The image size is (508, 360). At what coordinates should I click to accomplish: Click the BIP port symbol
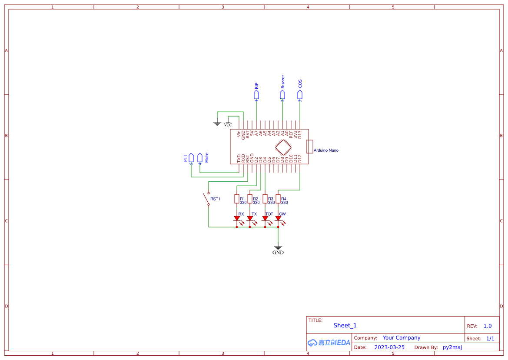point(256,94)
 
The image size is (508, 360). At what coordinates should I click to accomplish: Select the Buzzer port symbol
point(282,94)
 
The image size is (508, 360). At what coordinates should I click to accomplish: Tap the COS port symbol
point(300,94)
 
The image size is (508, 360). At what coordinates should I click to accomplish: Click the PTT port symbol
point(191,157)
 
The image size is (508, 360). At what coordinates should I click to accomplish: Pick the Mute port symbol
point(200,157)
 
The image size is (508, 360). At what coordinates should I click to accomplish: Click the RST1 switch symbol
point(206,199)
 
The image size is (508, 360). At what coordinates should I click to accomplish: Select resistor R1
point(237,199)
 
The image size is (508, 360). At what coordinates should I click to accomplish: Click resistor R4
point(278,199)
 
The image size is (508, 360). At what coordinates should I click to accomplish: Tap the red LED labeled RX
point(237,219)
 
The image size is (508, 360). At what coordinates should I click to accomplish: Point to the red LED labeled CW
point(278,219)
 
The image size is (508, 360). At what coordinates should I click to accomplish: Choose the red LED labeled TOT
point(265,219)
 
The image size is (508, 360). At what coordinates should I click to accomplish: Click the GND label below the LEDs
point(278,253)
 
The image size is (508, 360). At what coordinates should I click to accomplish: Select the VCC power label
point(228,125)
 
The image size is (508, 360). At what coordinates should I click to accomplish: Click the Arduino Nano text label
point(326,150)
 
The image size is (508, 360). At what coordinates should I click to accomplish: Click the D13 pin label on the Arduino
point(300,134)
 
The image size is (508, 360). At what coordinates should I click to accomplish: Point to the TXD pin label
point(239,158)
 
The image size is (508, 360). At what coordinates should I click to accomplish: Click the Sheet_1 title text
point(345,326)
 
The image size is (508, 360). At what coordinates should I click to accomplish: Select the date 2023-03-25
point(389,347)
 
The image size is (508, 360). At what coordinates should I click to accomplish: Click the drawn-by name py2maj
point(452,347)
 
